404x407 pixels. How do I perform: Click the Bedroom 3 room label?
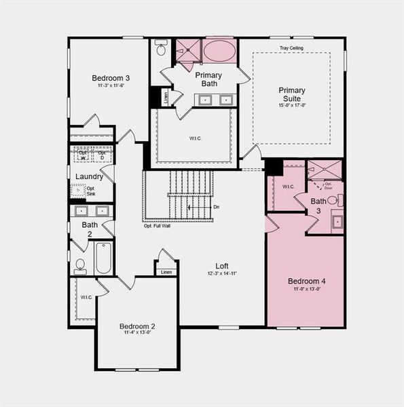click(111, 79)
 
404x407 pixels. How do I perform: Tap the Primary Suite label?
click(291, 94)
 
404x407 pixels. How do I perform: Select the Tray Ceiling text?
click(292, 48)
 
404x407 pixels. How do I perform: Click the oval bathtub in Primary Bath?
click(219, 52)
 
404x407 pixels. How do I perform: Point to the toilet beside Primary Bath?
click(161, 49)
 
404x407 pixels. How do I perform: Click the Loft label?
click(222, 266)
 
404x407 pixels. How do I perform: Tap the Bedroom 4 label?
click(306, 281)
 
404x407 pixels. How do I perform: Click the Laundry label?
click(89, 176)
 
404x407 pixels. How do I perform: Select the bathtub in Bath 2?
click(103, 258)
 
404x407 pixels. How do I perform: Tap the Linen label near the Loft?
click(166, 272)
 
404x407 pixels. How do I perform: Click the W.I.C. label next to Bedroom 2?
click(86, 297)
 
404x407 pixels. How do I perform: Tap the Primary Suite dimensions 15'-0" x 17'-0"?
click(291, 105)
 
